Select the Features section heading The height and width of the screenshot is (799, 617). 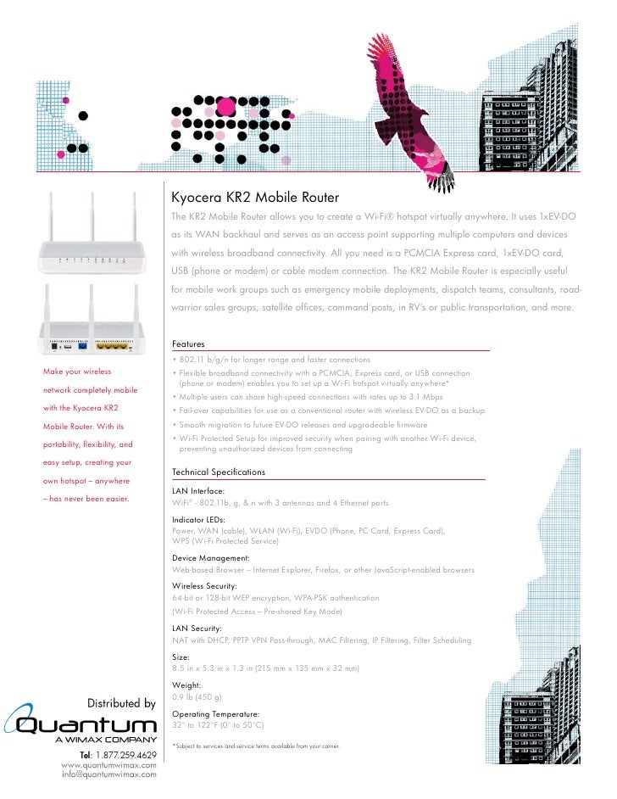click(x=188, y=344)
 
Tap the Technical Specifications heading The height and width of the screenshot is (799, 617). click(x=219, y=472)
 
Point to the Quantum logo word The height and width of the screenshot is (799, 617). click(x=85, y=726)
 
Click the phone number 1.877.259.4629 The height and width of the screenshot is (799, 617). click(x=118, y=755)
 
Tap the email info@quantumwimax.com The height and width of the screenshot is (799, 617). click(x=109, y=775)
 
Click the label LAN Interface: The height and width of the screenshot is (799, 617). click(x=198, y=491)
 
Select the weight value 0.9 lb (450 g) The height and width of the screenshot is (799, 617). click(x=197, y=696)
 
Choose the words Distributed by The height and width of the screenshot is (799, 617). click(x=121, y=703)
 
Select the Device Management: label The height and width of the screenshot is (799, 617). click(x=210, y=558)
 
